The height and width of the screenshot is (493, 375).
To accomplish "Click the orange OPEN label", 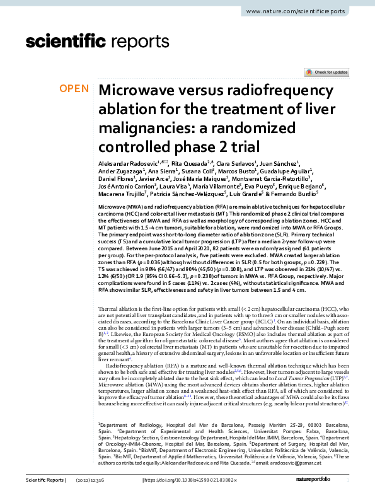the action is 74,88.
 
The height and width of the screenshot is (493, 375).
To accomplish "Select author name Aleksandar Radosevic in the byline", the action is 124,163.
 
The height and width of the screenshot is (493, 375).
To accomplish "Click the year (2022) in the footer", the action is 105,482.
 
